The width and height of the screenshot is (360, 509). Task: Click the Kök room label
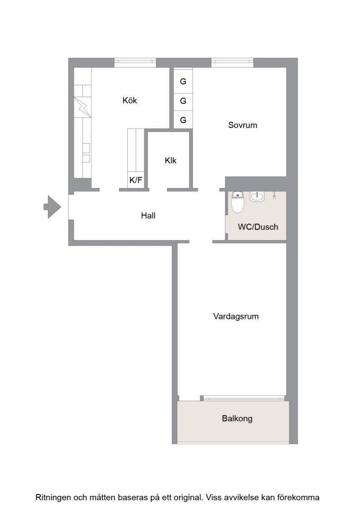click(x=129, y=100)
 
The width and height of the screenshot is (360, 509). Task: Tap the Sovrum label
click(x=243, y=125)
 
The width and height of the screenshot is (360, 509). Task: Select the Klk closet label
click(x=171, y=160)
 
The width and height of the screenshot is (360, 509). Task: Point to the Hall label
click(x=148, y=215)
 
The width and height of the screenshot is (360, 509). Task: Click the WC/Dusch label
click(x=258, y=227)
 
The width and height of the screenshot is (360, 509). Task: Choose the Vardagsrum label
click(x=236, y=316)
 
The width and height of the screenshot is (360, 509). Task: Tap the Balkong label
click(x=237, y=418)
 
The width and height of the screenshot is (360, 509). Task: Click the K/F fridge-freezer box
click(x=136, y=180)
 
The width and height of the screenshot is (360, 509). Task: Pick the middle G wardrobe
click(x=183, y=101)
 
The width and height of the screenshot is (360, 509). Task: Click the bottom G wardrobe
click(x=183, y=120)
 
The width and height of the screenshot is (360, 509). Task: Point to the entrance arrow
click(x=53, y=207)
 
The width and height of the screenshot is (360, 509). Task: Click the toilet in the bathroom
click(x=237, y=202)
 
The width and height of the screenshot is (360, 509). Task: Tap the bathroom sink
click(x=257, y=196)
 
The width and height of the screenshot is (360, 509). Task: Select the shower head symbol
click(x=274, y=196)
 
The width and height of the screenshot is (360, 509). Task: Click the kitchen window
click(x=135, y=63)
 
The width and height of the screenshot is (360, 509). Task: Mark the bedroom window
click(x=232, y=63)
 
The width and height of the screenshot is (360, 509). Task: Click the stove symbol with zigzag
click(x=82, y=107)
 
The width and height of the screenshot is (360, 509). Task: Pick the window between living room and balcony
click(x=244, y=398)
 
